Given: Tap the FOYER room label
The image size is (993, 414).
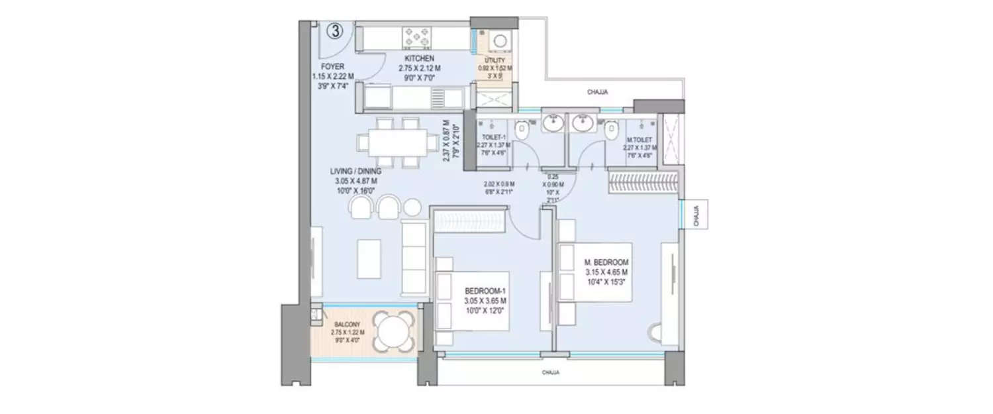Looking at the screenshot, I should tap(332, 67).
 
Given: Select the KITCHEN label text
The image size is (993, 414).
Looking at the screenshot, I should tap(419, 59).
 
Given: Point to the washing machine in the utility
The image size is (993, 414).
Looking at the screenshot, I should tap(496, 42).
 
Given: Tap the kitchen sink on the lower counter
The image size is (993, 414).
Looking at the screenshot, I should tap(440, 99).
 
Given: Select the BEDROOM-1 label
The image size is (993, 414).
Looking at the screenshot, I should tap(485, 291).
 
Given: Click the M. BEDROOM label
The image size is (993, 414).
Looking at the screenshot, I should tap(606, 263).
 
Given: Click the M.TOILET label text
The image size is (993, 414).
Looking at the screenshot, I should tap(640, 140).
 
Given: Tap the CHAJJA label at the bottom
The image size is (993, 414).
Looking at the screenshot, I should tap(551, 373).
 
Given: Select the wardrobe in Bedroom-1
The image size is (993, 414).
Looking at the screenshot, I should tap(471, 219).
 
